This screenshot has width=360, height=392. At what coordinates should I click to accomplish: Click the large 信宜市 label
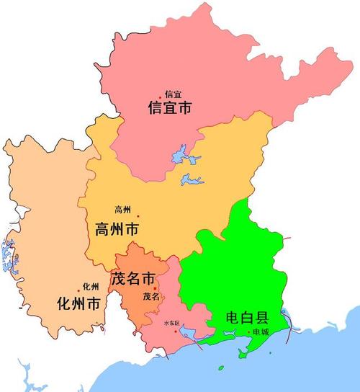[171, 108]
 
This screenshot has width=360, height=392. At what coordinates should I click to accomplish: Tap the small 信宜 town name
[173, 94]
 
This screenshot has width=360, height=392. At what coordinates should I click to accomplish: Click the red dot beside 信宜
[161, 97]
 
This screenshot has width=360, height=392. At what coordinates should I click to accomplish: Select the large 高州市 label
[117, 230]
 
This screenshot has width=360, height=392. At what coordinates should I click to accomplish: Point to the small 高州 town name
[123, 210]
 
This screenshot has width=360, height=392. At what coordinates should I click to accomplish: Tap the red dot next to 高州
[138, 215]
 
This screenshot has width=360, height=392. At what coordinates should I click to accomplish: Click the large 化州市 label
[78, 303]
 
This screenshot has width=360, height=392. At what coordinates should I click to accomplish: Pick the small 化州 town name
[91, 286]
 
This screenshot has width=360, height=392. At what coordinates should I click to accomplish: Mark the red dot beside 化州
[78, 290]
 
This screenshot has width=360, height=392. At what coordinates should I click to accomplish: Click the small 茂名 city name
[151, 296]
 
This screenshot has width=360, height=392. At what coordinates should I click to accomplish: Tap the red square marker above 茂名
[154, 288]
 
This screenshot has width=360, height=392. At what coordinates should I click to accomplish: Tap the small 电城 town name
[261, 331]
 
